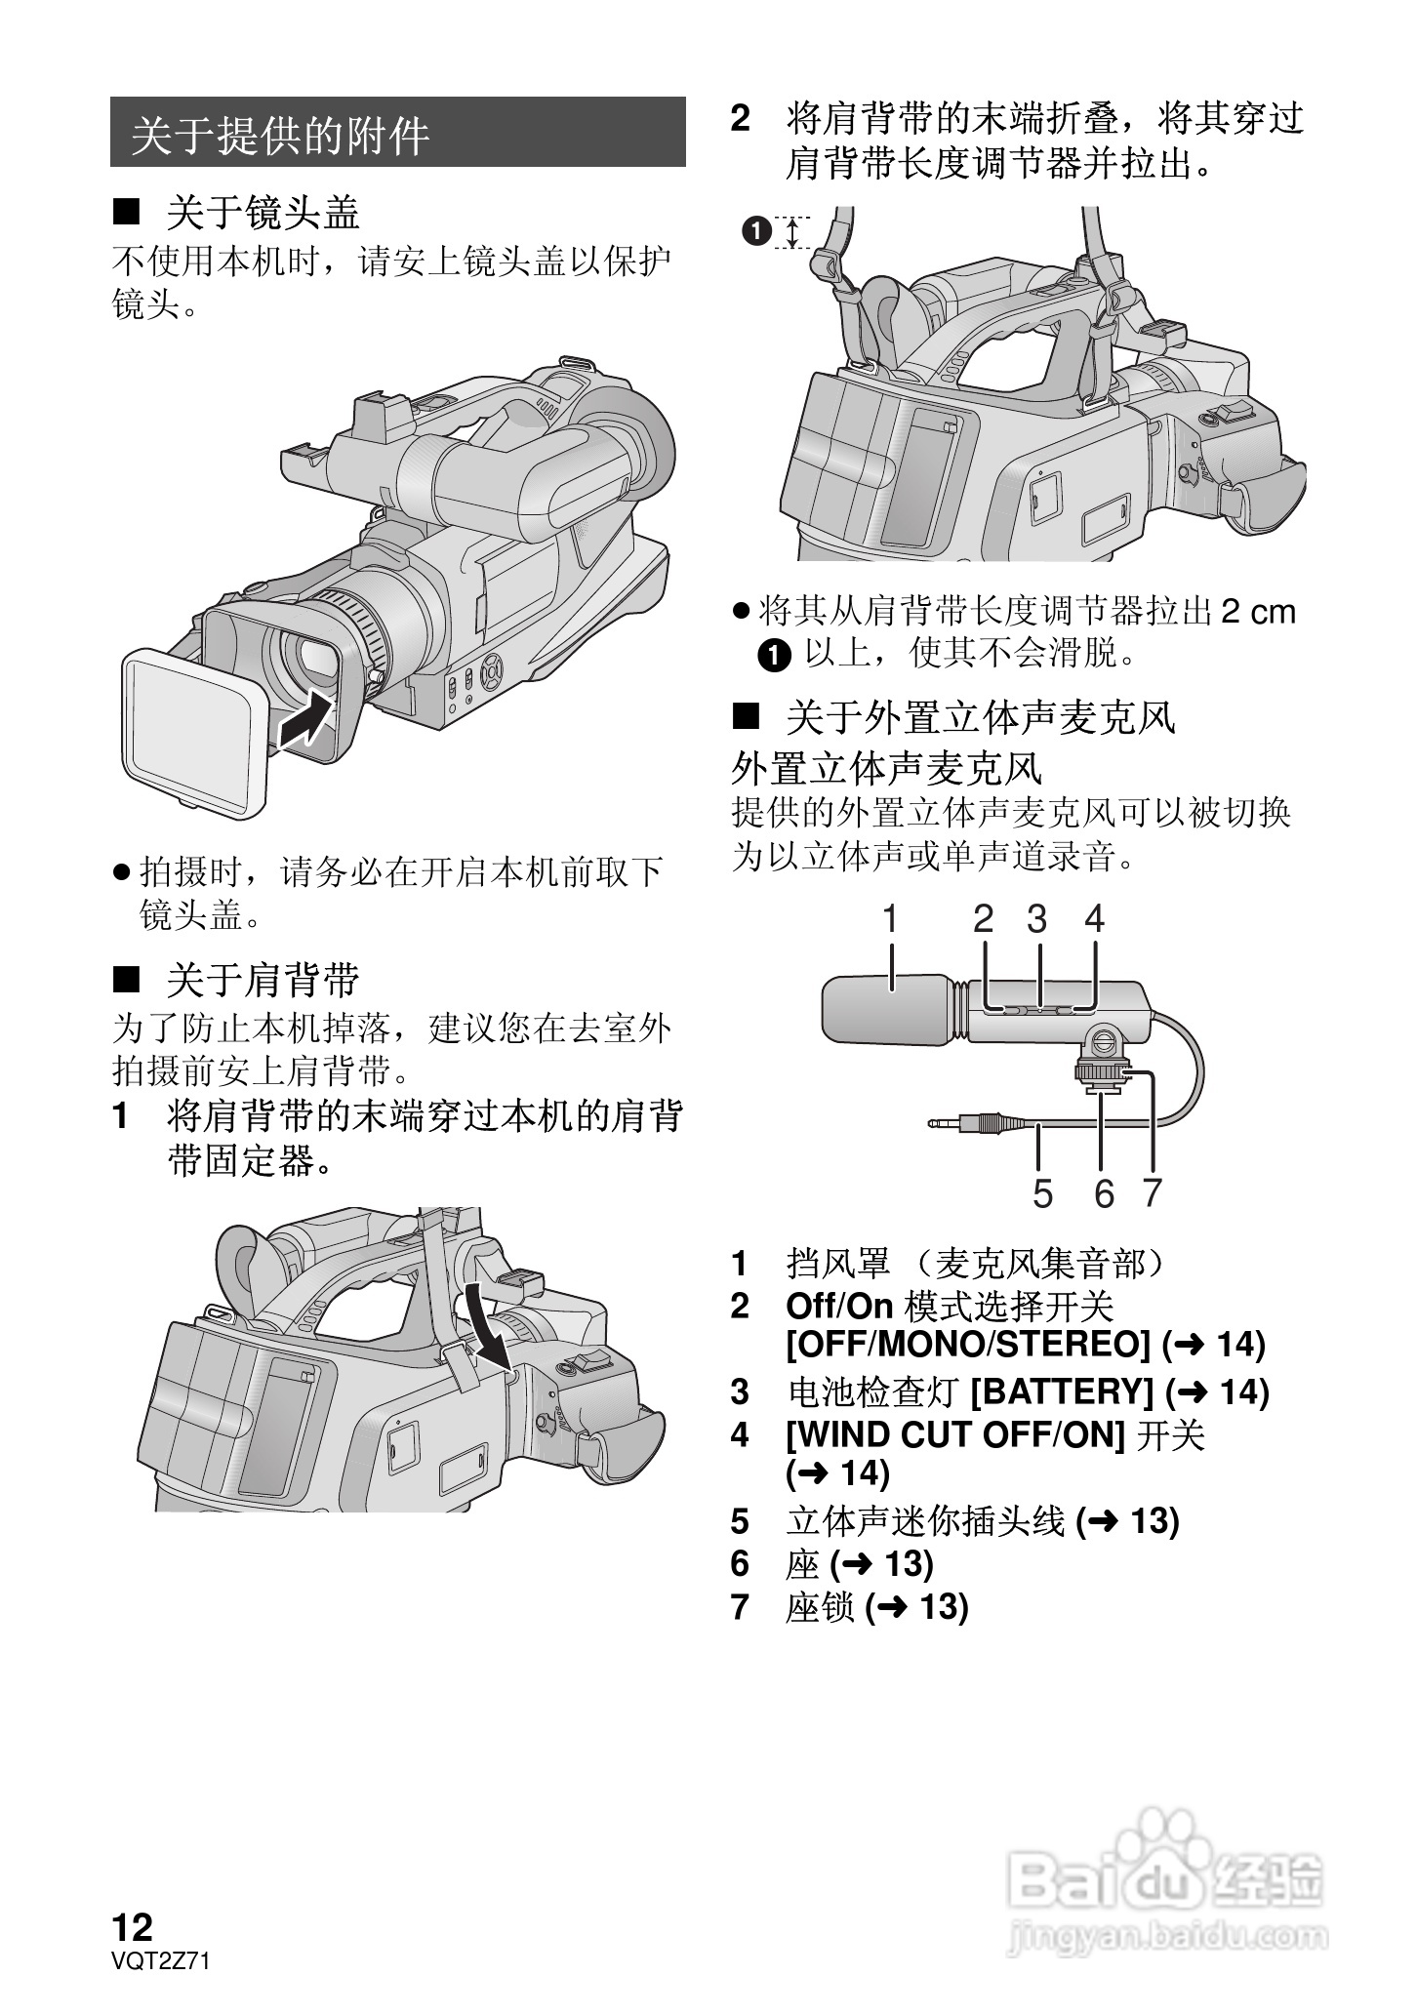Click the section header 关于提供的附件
point(281,135)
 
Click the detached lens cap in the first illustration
point(195,730)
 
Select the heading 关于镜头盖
point(263,213)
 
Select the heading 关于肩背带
point(263,980)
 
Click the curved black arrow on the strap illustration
point(491,1328)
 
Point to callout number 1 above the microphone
point(890,919)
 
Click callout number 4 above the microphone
point(1095,919)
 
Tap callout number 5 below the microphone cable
point(1042,1193)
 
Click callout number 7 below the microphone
point(1153,1192)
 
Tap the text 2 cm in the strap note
point(1258,612)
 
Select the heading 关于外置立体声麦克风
point(981,719)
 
